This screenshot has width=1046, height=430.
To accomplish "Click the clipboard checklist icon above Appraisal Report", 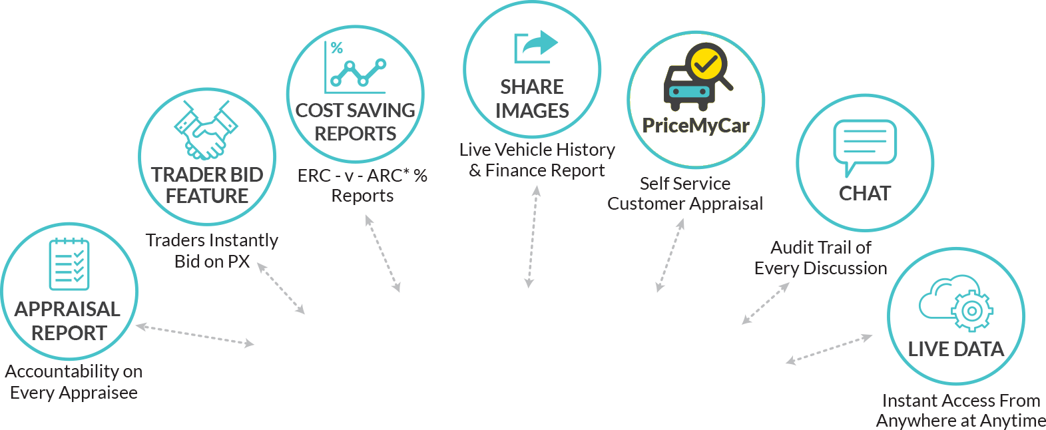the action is coord(69,264).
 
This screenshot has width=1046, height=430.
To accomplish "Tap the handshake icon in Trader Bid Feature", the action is coord(206,130).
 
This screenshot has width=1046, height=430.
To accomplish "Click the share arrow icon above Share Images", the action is coord(536,47).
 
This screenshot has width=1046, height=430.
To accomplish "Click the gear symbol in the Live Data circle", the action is coord(971,311).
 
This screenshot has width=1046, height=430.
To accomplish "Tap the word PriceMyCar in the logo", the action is coord(696,126).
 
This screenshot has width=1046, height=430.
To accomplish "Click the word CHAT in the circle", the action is coord(865,193).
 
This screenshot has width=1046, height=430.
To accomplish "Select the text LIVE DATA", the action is coord(956,349).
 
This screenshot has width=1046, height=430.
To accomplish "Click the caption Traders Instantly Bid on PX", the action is coord(212,251).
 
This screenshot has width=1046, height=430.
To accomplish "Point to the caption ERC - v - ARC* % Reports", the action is coord(362,185).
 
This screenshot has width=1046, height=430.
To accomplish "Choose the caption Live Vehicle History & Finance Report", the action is coord(537,160).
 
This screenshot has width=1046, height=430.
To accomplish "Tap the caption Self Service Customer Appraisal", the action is coord(685,194).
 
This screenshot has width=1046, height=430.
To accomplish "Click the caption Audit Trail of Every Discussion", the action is coord(820,258).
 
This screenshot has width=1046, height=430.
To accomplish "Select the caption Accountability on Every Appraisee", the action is coord(74,382).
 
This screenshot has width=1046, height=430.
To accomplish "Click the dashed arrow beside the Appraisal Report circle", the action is coord(195,335).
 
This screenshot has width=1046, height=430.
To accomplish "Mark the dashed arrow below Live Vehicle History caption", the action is coord(533,237).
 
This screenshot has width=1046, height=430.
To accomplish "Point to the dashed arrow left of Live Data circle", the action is coord(830,349).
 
